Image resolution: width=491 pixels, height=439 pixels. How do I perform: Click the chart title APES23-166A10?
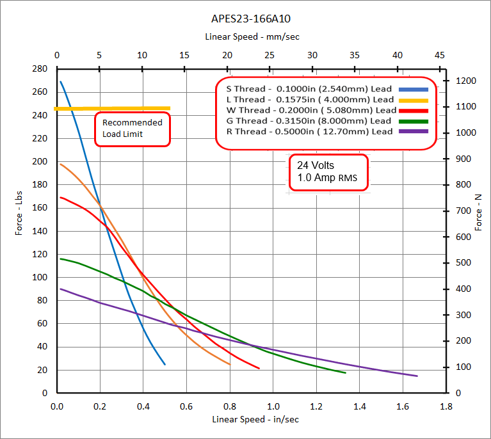246,19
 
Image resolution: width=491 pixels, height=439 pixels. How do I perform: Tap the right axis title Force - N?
478,212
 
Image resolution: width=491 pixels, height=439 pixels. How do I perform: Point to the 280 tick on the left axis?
40,68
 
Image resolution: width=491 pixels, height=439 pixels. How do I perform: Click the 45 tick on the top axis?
439,55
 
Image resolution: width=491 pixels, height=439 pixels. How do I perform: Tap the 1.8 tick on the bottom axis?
446,406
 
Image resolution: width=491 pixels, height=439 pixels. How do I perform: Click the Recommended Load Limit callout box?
133,129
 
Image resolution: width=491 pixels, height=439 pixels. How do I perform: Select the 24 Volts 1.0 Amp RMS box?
329,172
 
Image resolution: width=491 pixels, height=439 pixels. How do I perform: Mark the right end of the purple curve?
417,376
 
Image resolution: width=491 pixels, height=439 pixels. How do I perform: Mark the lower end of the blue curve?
165,364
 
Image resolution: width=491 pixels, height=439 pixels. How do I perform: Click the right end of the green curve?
346,372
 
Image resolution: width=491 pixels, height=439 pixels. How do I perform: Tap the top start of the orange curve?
60,164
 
